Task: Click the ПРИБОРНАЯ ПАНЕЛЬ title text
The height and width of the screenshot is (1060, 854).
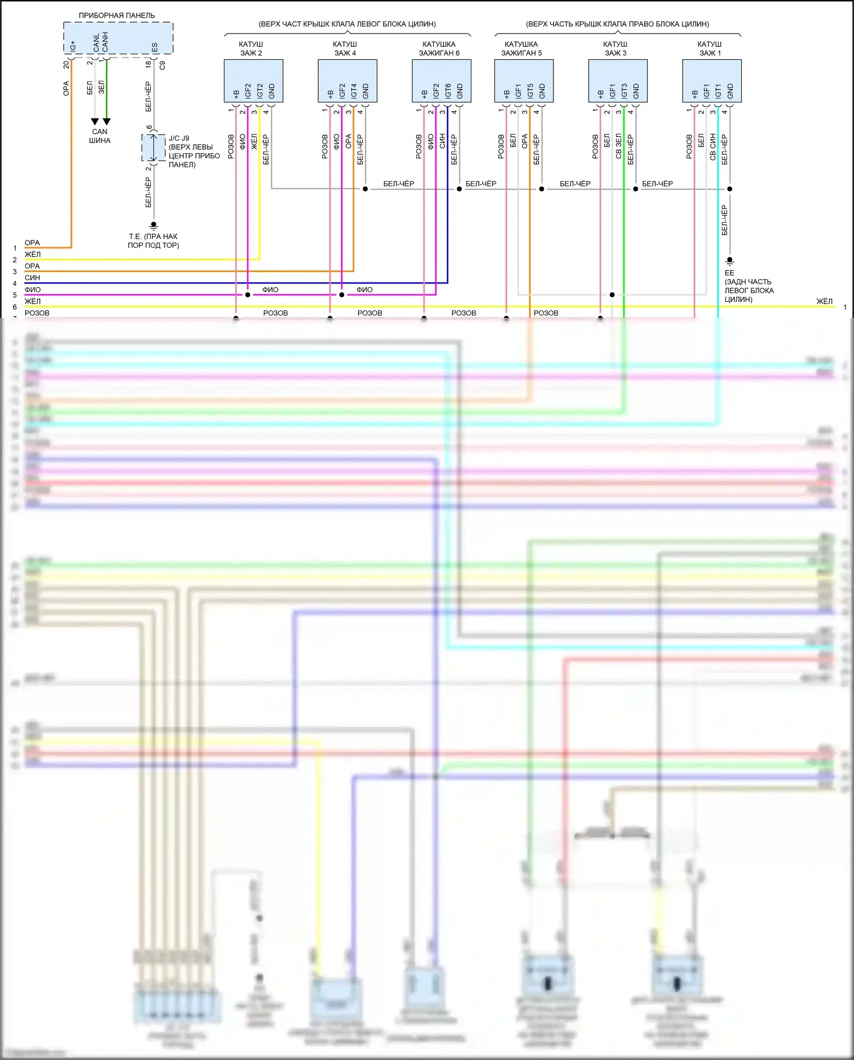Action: [117, 15]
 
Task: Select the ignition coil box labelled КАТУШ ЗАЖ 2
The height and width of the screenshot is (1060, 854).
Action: [253, 81]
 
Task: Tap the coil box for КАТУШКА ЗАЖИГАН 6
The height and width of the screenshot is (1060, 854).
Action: [441, 81]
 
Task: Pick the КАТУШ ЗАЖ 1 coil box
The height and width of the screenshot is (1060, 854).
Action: [712, 81]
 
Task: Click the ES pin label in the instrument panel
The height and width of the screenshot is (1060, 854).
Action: [154, 47]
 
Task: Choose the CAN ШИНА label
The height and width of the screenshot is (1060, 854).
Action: [100, 136]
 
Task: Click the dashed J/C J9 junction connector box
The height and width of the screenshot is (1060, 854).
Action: [153, 148]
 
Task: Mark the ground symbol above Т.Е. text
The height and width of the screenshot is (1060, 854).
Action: [153, 226]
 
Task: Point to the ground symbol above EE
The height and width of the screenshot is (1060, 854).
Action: [729, 261]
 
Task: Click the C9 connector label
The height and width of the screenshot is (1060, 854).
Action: [162, 66]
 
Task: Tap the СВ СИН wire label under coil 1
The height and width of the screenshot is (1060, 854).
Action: [713, 147]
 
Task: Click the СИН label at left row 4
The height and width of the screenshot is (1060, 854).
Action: [32, 278]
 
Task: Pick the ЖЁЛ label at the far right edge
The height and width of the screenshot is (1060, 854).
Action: [824, 301]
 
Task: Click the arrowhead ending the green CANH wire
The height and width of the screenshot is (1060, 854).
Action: [106, 121]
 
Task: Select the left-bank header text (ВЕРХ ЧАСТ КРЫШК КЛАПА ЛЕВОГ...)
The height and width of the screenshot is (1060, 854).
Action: [347, 24]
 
